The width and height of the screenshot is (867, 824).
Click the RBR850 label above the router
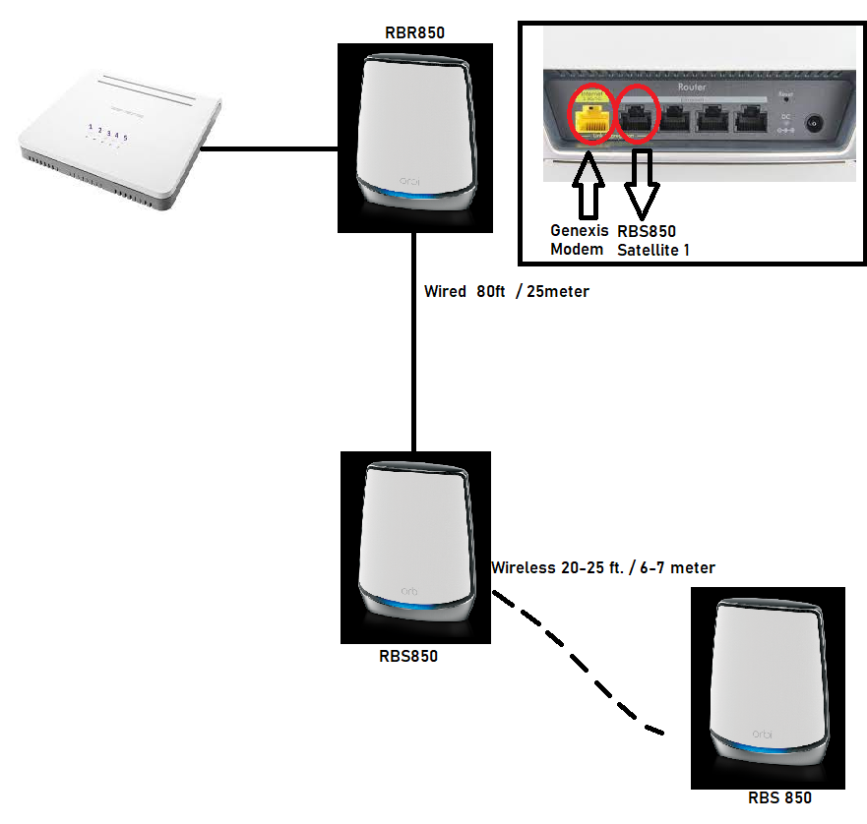[414, 32]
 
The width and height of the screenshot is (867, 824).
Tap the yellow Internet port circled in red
[590, 115]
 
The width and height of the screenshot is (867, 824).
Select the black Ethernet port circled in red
[639, 115]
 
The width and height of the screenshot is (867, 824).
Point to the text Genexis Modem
[575, 241]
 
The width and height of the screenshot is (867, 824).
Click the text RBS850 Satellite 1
[652, 241]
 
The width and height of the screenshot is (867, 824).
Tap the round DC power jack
[814, 125]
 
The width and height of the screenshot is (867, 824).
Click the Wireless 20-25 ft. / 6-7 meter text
[602, 567]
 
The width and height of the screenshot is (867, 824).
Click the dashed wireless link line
[581, 669]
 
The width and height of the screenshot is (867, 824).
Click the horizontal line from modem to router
[268, 150]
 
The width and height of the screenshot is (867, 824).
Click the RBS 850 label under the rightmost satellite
[779, 798]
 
